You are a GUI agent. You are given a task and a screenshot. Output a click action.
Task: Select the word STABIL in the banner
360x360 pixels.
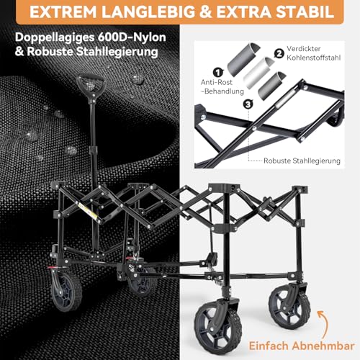point(309,14)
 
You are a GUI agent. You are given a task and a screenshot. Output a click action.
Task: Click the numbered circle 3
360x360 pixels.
point(248,104)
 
